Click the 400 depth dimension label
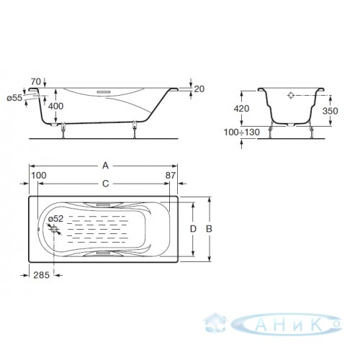click(x=55, y=106)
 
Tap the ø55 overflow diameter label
click(x=14, y=98)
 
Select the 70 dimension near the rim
click(x=36, y=81)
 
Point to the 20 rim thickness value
click(x=199, y=89)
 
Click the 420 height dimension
click(x=241, y=109)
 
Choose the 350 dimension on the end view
click(x=330, y=111)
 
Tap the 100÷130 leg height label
click(x=242, y=132)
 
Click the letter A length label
click(x=106, y=166)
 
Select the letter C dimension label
click(x=106, y=184)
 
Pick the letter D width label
click(x=193, y=229)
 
